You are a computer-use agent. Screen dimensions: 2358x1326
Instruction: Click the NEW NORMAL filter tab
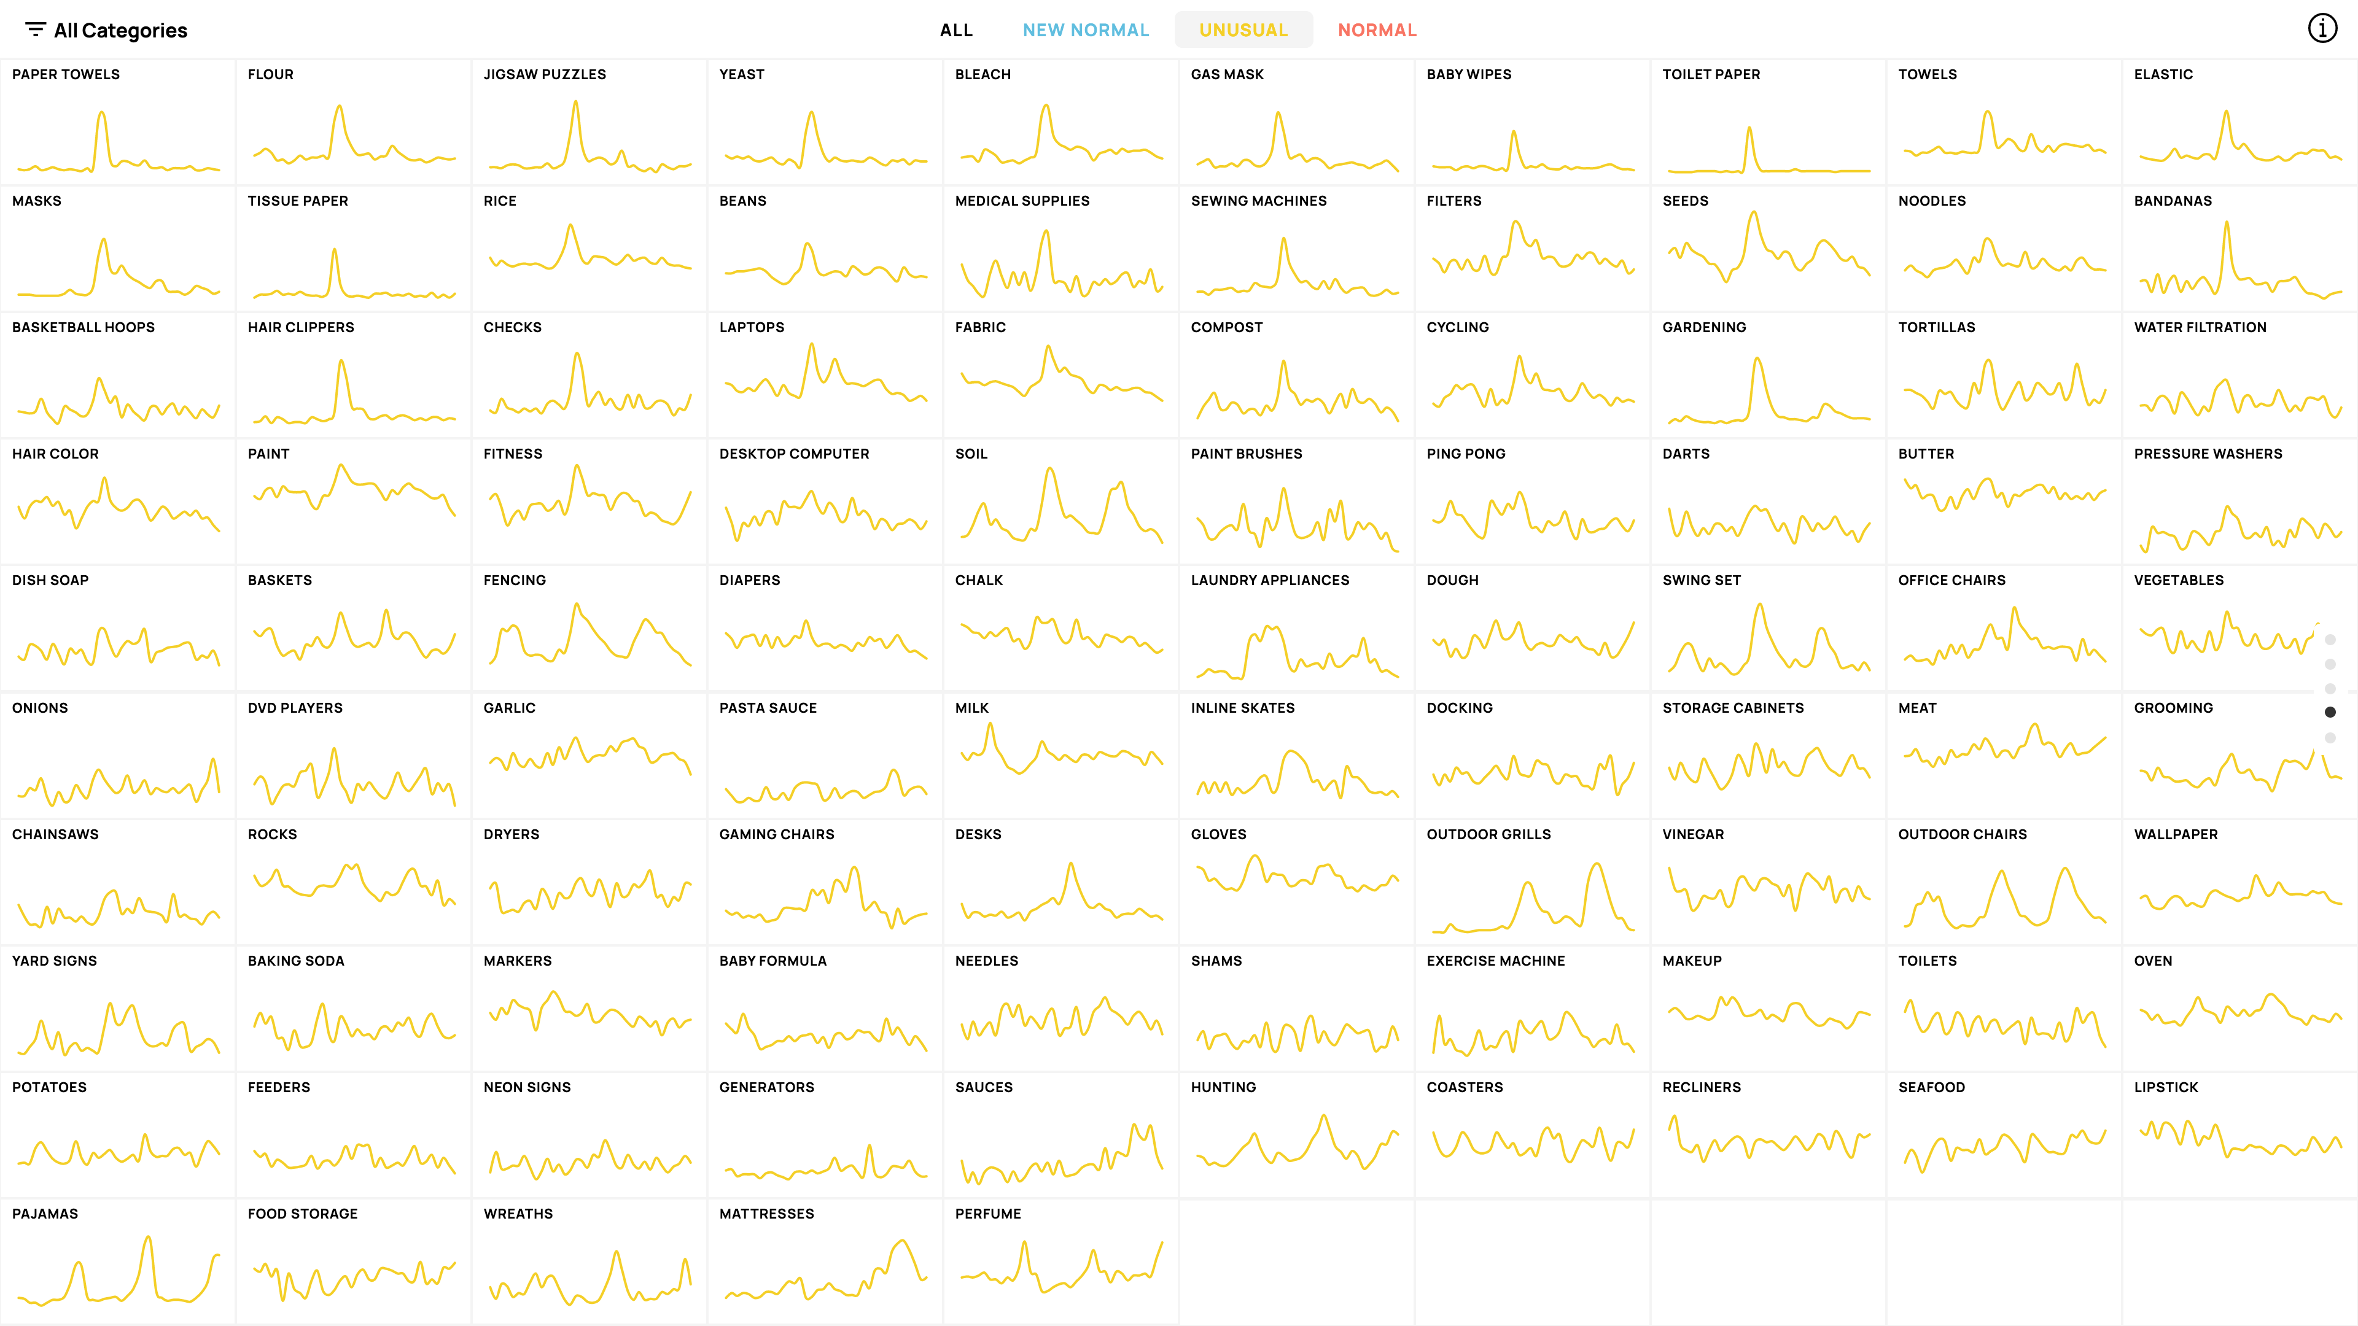[x=1086, y=30]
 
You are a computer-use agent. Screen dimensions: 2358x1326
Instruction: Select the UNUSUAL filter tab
[x=1243, y=30]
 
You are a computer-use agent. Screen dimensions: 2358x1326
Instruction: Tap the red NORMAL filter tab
[x=1377, y=30]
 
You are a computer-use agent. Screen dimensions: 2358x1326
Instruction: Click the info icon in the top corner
[x=2322, y=28]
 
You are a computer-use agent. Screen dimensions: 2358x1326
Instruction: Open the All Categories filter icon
[x=36, y=29]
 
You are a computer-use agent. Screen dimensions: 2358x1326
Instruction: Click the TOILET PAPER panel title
[x=1711, y=74]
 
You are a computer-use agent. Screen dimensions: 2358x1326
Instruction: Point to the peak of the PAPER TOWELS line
[x=101, y=112]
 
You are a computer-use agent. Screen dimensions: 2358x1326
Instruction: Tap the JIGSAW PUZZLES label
[x=545, y=74]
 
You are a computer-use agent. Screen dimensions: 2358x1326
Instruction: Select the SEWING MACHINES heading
[x=1259, y=200]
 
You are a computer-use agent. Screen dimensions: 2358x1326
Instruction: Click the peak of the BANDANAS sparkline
[x=2226, y=222]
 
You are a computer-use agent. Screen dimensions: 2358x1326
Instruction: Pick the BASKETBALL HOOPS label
[x=84, y=327]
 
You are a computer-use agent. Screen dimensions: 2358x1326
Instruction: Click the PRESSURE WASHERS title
[x=2208, y=454]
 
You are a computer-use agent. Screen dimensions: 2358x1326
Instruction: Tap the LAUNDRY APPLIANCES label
[x=1270, y=580]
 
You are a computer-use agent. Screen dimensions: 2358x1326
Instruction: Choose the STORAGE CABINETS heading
[x=1733, y=707]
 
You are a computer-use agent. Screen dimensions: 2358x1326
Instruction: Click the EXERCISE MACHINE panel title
[x=1496, y=961]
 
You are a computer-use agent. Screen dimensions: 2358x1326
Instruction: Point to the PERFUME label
[x=987, y=1214]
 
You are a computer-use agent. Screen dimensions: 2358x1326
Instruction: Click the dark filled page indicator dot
[x=2330, y=712]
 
